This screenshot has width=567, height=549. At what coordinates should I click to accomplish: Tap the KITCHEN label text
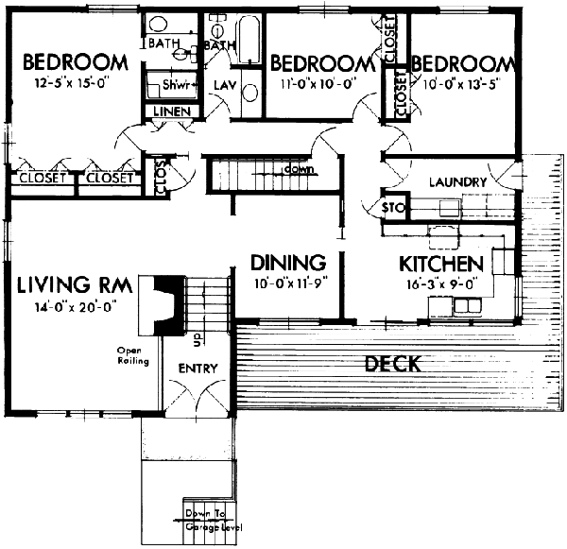441,263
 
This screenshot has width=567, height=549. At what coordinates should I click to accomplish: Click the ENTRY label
198,368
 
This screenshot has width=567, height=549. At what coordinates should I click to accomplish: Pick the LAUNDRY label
457,181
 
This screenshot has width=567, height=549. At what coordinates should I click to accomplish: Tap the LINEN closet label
173,112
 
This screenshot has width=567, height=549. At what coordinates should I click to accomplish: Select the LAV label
224,85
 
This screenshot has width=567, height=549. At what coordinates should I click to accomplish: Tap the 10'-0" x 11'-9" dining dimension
288,282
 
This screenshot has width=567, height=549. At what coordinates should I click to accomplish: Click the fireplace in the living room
163,305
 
